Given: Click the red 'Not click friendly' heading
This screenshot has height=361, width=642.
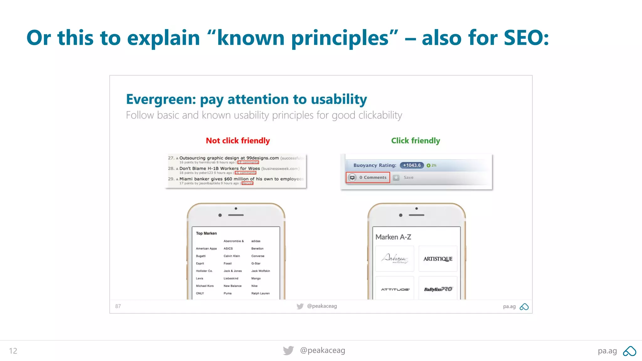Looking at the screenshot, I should pyautogui.click(x=238, y=141).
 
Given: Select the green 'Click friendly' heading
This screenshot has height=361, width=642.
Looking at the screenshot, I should pyautogui.click(x=415, y=141).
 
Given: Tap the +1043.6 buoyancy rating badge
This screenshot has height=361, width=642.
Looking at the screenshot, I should pyautogui.click(x=412, y=165).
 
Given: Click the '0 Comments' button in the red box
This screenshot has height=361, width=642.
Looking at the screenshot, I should pyautogui.click(x=368, y=177).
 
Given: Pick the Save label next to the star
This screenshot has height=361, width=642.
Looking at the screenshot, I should pyautogui.click(x=408, y=177).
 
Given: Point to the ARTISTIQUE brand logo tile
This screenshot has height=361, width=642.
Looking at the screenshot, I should pyautogui.click(x=438, y=259).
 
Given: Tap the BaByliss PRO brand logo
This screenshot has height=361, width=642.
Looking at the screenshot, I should pyautogui.click(x=438, y=289).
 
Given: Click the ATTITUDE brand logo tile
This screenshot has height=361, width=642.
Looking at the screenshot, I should pyautogui.click(x=395, y=289).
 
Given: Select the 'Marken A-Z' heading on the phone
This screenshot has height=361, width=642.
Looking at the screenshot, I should pyautogui.click(x=393, y=237).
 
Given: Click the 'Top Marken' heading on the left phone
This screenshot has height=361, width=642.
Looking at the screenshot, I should pyautogui.click(x=206, y=233).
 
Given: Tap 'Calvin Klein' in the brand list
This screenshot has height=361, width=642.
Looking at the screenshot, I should pyautogui.click(x=232, y=256).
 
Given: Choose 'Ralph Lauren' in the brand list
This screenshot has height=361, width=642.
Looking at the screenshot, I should pyautogui.click(x=260, y=293).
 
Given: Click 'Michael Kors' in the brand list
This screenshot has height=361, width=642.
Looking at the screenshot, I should pyautogui.click(x=205, y=286).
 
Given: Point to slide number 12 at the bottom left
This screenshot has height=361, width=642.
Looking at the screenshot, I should pyautogui.click(x=13, y=351).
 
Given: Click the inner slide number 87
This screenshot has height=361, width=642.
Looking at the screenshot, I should pyautogui.click(x=118, y=306).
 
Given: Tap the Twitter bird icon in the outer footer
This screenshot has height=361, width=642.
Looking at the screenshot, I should pyautogui.click(x=288, y=350).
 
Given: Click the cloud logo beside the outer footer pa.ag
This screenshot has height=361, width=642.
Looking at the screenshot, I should pyautogui.click(x=629, y=351).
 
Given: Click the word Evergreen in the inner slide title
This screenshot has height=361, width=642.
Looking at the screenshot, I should pyautogui.click(x=161, y=99).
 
